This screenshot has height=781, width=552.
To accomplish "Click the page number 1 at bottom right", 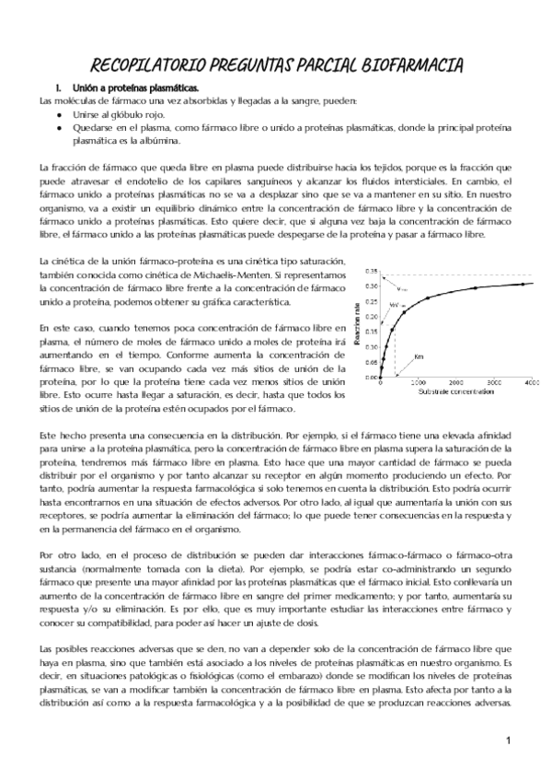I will click(507, 740).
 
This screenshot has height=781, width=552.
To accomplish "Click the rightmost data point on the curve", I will click(523, 284).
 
